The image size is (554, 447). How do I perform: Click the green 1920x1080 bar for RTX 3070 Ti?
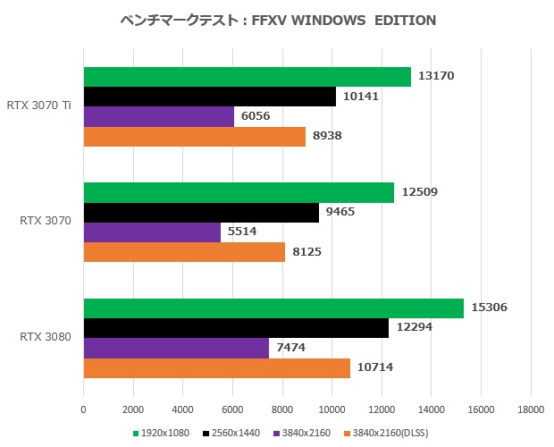[x=247, y=77]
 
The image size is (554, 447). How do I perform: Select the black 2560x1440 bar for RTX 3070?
[x=201, y=213]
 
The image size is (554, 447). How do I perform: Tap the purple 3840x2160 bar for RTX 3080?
[x=176, y=348]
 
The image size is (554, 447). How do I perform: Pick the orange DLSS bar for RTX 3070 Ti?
[x=195, y=136]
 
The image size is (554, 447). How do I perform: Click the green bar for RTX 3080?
[x=273, y=308]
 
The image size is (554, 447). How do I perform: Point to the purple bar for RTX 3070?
[x=152, y=232]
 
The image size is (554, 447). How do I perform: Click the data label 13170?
[x=437, y=76]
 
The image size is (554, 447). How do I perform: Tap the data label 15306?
[x=490, y=308]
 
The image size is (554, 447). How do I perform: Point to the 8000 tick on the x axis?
[x=282, y=409]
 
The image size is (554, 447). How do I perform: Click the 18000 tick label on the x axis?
[x=531, y=409]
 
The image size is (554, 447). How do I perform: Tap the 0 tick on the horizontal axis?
[x=84, y=409]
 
